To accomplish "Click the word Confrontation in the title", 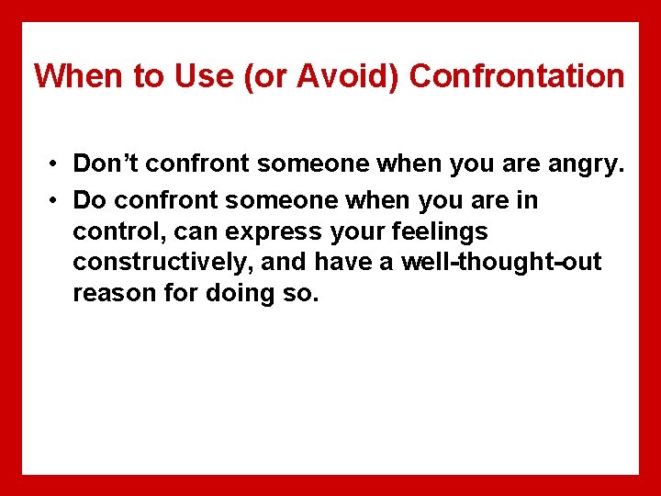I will (516, 76).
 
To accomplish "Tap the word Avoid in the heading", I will (351, 76).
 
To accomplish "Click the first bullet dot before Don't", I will (56, 165).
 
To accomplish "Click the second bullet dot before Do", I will (56, 200).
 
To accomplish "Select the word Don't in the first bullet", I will (106, 165).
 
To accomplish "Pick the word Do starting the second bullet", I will (89, 200).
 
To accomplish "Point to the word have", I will (342, 264).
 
